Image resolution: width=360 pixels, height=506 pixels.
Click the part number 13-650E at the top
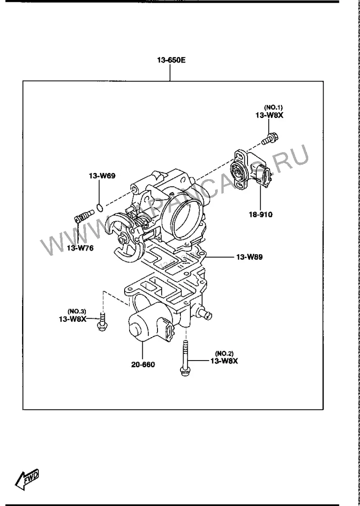171,60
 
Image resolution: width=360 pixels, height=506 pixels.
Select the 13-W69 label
102,176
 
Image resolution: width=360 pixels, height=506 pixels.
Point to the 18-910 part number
260,214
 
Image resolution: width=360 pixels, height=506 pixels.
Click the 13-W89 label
249,257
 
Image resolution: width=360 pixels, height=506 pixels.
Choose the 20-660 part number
143,365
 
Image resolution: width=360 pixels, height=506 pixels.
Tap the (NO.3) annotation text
77,311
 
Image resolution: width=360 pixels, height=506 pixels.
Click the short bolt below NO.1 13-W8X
270,139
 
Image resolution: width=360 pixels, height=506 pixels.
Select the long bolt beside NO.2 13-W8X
185,358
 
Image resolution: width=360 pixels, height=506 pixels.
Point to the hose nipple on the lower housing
205,314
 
